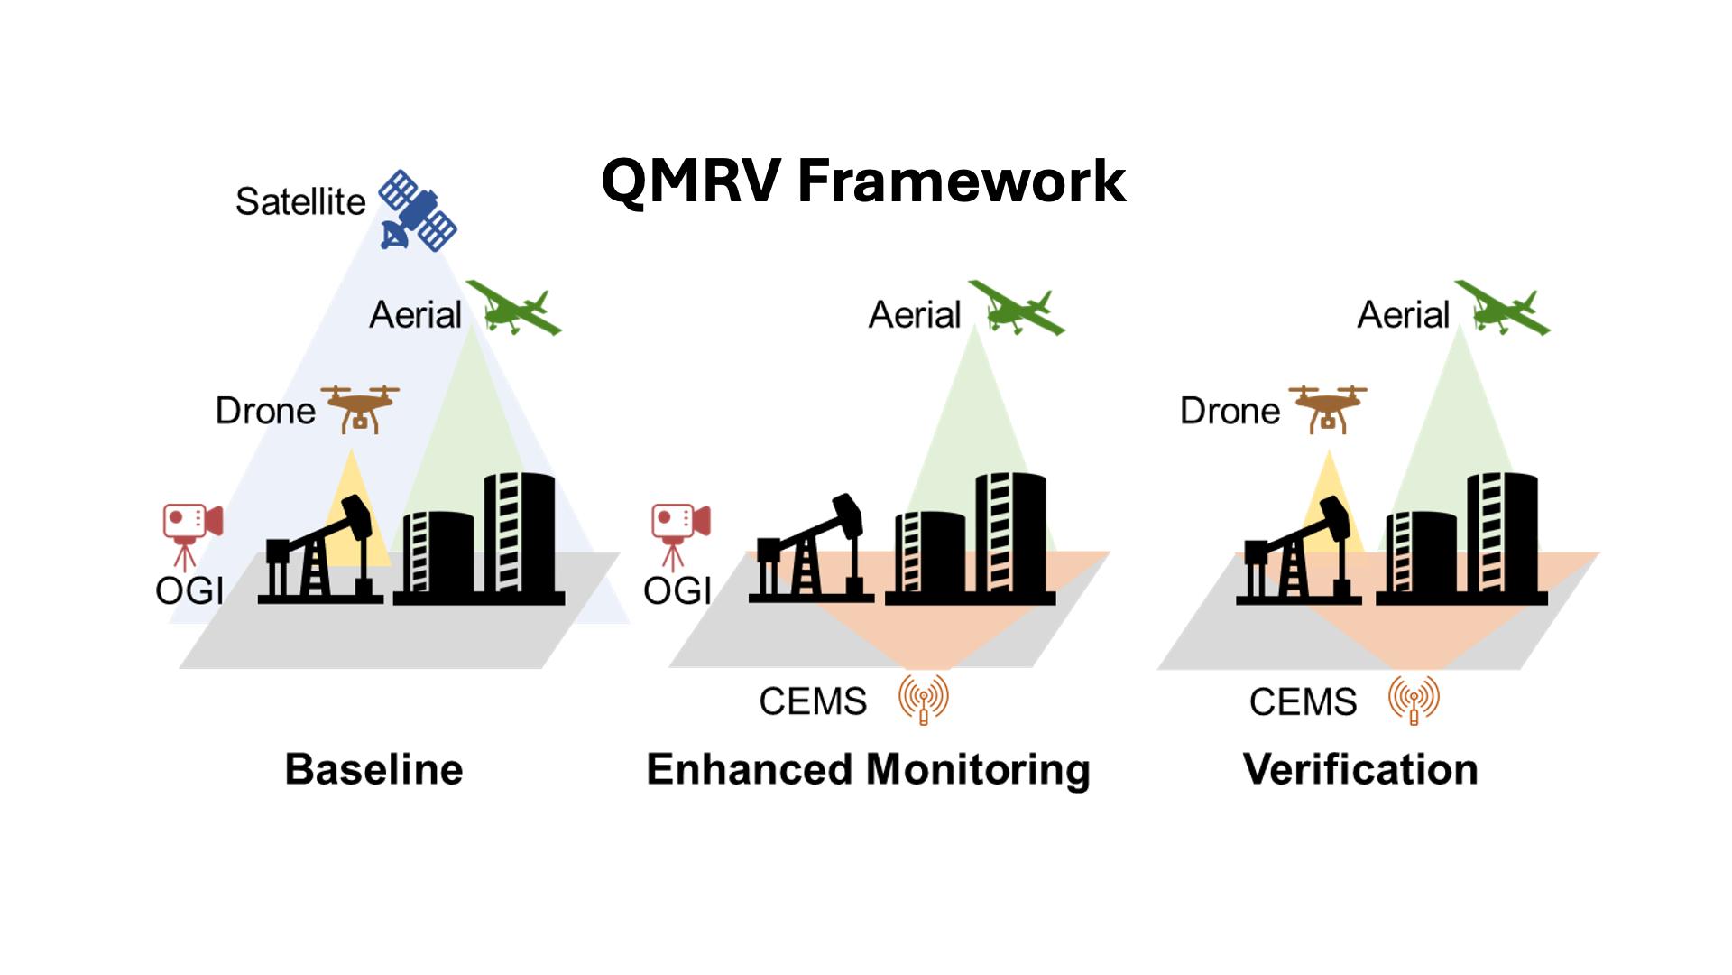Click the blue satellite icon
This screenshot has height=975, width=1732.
tap(418, 210)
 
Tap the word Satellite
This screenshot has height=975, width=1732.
tap(300, 201)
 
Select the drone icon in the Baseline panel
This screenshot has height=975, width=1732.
tap(360, 409)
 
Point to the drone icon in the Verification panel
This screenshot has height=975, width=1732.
tap(1328, 409)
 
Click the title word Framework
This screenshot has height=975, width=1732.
tap(962, 181)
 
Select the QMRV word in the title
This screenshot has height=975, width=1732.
tap(691, 181)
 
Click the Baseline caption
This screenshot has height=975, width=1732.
tap(374, 769)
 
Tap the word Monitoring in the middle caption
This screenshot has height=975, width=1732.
tap(978, 771)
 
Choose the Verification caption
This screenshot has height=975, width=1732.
tap(1360, 769)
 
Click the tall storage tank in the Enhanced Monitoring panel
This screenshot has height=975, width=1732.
tap(1010, 533)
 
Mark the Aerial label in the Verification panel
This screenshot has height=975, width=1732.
tap(1404, 315)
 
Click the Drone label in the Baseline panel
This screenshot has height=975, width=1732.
tap(265, 411)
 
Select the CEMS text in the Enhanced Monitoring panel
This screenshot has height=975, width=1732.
tap(813, 701)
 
